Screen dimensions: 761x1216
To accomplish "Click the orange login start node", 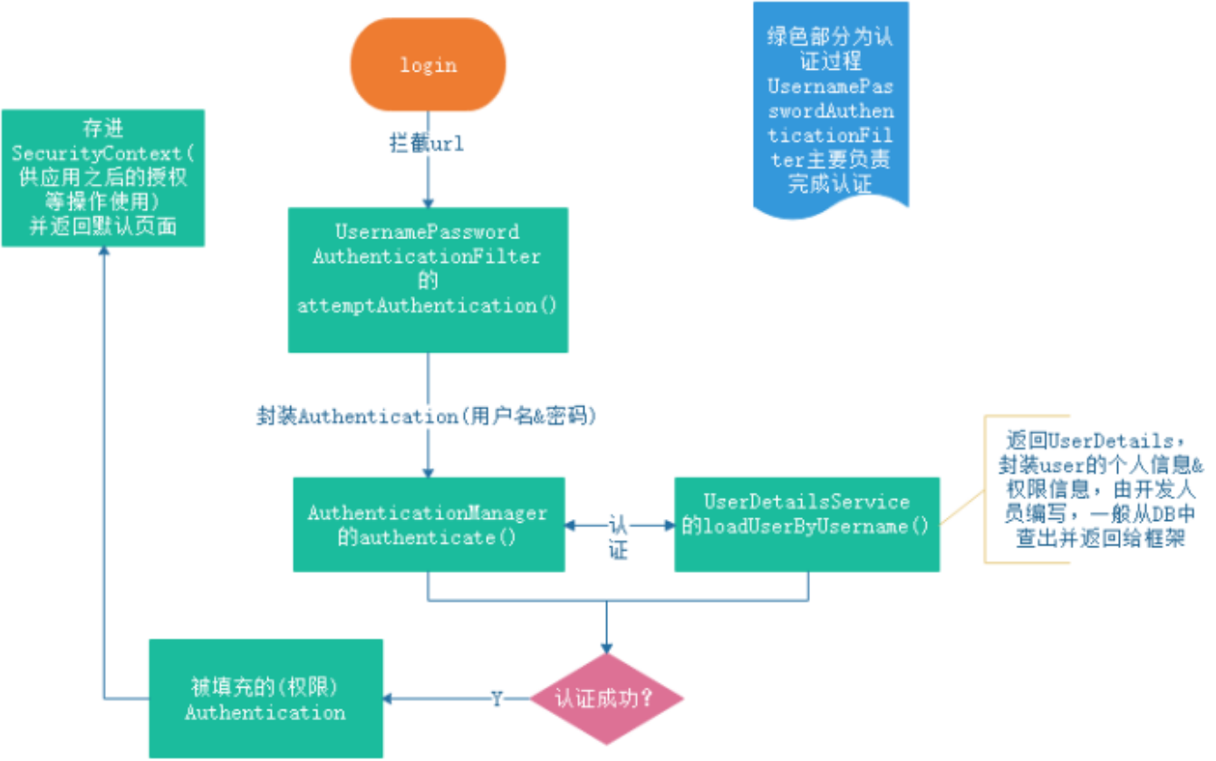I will coord(428,65).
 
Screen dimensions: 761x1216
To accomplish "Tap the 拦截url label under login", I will coord(426,143).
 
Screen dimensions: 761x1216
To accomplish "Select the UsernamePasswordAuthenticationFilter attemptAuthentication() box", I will coord(428,280).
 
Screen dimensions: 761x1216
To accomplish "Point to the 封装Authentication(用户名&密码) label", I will coord(428,417).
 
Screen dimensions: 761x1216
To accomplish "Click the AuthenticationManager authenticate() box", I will coord(428,525).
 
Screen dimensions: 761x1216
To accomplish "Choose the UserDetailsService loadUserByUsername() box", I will coord(806,525).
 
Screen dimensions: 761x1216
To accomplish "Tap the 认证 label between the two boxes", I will coord(619,536).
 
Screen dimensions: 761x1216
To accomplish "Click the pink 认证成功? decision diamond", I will coord(605,699).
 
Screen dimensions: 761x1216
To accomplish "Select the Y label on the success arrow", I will coord(497,698).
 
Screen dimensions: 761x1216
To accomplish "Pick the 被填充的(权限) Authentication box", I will coord(265,698).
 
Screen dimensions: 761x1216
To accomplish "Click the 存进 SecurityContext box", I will coord(103,178).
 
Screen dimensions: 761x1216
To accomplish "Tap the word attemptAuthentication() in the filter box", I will coord(428,305).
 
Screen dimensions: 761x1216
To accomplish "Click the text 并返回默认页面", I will coord(103,227).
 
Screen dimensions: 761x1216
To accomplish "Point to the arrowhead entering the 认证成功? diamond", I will coord(605,648).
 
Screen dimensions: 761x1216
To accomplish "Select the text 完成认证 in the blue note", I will coord(830,186).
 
